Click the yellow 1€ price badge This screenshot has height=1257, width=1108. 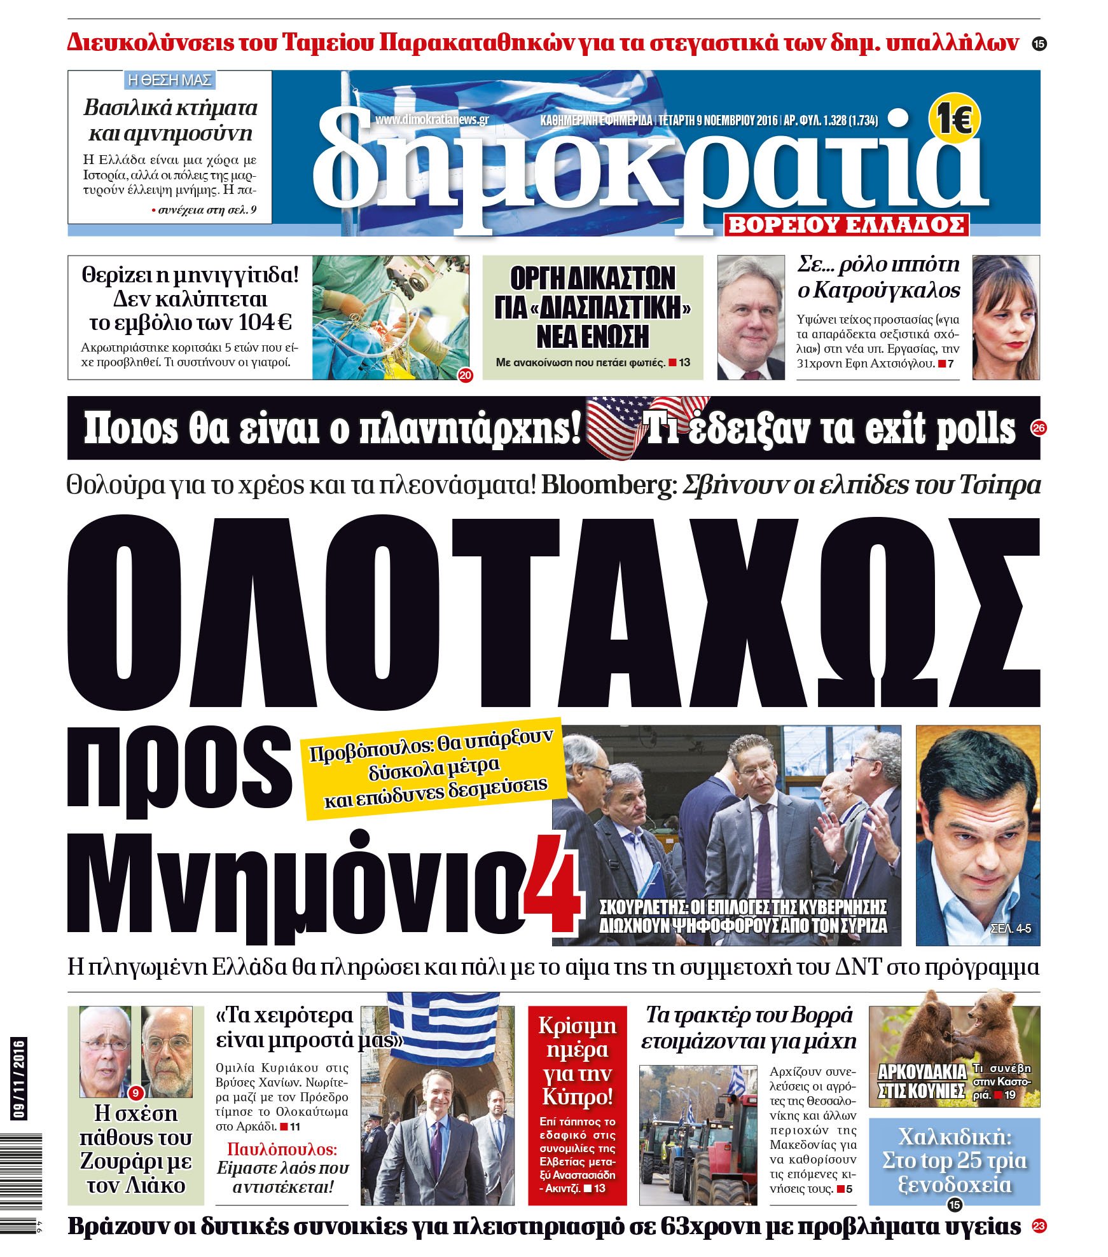tap(955, 119)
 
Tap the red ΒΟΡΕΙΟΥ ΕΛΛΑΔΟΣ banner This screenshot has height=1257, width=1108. tap(846, 225)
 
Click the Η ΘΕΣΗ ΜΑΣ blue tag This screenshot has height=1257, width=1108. tap(170, 80)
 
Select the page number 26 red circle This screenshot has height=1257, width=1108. tap(1039, 429)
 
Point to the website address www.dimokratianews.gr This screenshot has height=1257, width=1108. tap(431, 120)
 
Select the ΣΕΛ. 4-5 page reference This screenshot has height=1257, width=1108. tap(1011, 929)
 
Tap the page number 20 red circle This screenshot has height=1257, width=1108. tap(466, 375)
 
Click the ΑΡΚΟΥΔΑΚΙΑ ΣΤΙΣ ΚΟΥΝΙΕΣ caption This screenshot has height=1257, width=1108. tap(922, 1081)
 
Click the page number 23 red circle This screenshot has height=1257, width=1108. tap(1039, 1226)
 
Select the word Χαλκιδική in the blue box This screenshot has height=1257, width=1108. tap(954, 1136)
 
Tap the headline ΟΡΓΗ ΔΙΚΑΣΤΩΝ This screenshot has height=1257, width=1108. tap(593, 278)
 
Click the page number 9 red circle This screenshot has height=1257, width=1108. tap(135, 1094)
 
